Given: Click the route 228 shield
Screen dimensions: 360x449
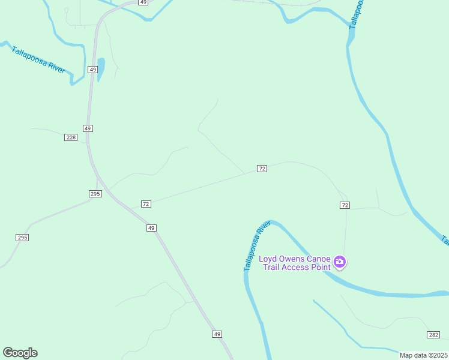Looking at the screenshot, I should [x=71, y=137].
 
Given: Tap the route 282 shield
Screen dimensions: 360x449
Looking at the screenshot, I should [x=433, y=334].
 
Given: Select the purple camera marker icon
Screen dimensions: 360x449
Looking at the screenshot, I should [x=340, y=262].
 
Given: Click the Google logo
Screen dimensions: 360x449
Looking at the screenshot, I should [x=20, y=353].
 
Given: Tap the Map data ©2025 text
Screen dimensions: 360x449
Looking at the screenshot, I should [x=423, y=355].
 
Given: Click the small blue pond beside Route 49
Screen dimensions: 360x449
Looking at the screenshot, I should [x=100, y=68].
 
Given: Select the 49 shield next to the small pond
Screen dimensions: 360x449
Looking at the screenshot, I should [x=92, y=70].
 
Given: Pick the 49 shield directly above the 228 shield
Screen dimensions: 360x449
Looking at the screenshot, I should [x=88, y=128].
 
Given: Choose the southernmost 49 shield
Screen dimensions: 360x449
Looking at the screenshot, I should [x=217, y=334].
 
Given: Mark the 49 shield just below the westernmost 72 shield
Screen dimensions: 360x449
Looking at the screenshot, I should [x=151, y=228].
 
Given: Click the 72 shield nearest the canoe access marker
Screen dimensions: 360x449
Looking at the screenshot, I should [x=344, y=205].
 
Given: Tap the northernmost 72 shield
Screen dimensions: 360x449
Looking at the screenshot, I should [x=262, y=169].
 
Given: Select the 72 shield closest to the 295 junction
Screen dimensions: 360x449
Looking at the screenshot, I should [x=146, y=204].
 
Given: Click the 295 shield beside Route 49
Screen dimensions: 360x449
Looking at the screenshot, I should [x=95, y=193].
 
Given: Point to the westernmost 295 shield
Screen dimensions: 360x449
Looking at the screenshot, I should [x=22, y=238].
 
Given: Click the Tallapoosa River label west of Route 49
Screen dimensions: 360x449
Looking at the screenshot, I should [x=38, y=59].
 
